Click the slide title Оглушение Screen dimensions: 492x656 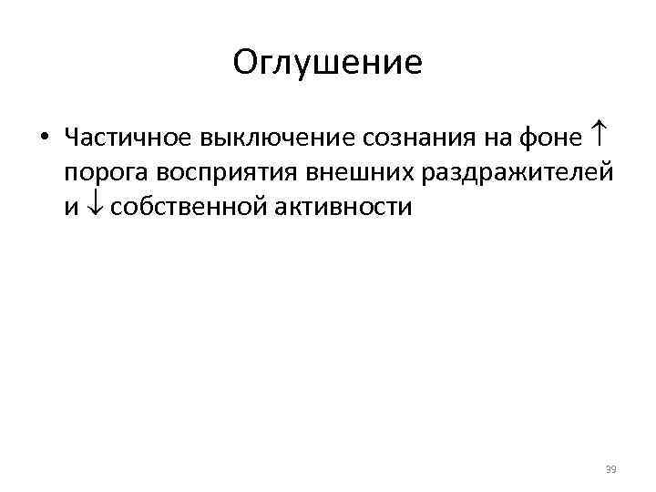click(327, 63)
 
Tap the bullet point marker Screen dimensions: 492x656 click(43, 139)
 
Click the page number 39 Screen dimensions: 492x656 click(610, 469)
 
